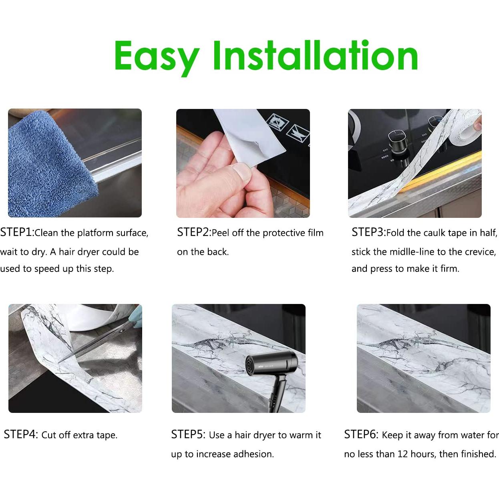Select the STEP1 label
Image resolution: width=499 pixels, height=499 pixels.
coord(17,232)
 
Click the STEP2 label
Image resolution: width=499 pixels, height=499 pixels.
coord(193,232)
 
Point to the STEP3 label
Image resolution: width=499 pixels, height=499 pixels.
coord(368,232)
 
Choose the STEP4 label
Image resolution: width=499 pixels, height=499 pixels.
coord(20,435)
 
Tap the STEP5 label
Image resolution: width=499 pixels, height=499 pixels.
coord(188,435)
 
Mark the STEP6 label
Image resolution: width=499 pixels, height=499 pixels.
coord(361,435)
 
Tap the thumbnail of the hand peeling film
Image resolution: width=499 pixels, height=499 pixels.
coord(243,163)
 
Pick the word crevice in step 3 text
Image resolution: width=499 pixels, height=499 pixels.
coord(480,252)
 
